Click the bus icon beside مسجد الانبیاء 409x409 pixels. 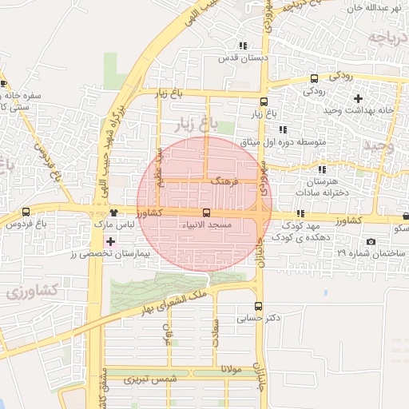click(207, 213)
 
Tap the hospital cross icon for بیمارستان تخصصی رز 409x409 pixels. click(110, 240)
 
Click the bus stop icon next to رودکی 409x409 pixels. click(314, 78)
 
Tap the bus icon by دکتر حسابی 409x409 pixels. click(257, 305)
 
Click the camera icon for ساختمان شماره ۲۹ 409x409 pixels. click(371, 241)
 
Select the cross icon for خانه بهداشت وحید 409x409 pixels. click(359, 99)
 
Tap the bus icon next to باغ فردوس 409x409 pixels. click(26, 212)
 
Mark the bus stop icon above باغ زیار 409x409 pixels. click(264, 101)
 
